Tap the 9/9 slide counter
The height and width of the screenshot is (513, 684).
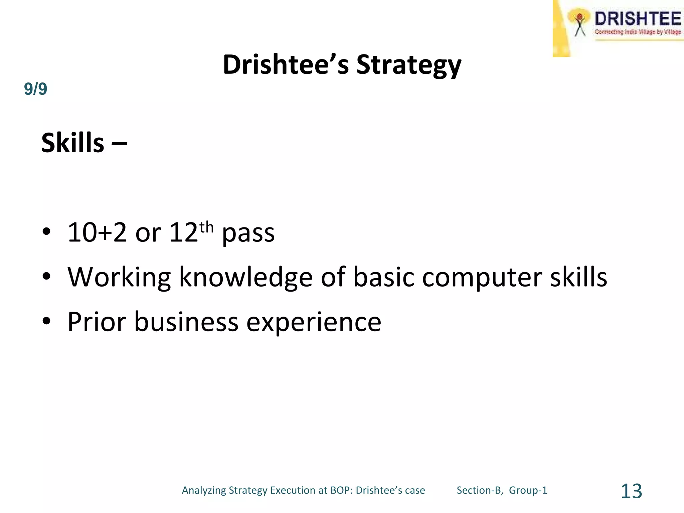(35, 89)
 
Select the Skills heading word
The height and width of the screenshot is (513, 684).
(73, 143)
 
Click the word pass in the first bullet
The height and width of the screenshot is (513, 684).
(248, 233)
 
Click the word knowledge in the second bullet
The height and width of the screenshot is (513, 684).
(246, 277)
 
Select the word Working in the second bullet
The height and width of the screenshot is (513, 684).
(119, 277)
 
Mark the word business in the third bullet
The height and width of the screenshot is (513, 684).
(186, 322)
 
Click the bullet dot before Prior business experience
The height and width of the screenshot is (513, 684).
(46, 321)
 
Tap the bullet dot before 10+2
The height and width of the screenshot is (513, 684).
(46, 232)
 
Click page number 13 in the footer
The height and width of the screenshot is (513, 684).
(631, 491)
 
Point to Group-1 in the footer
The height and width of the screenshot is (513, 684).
(528, 490)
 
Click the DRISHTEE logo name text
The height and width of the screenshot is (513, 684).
(637, 19)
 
